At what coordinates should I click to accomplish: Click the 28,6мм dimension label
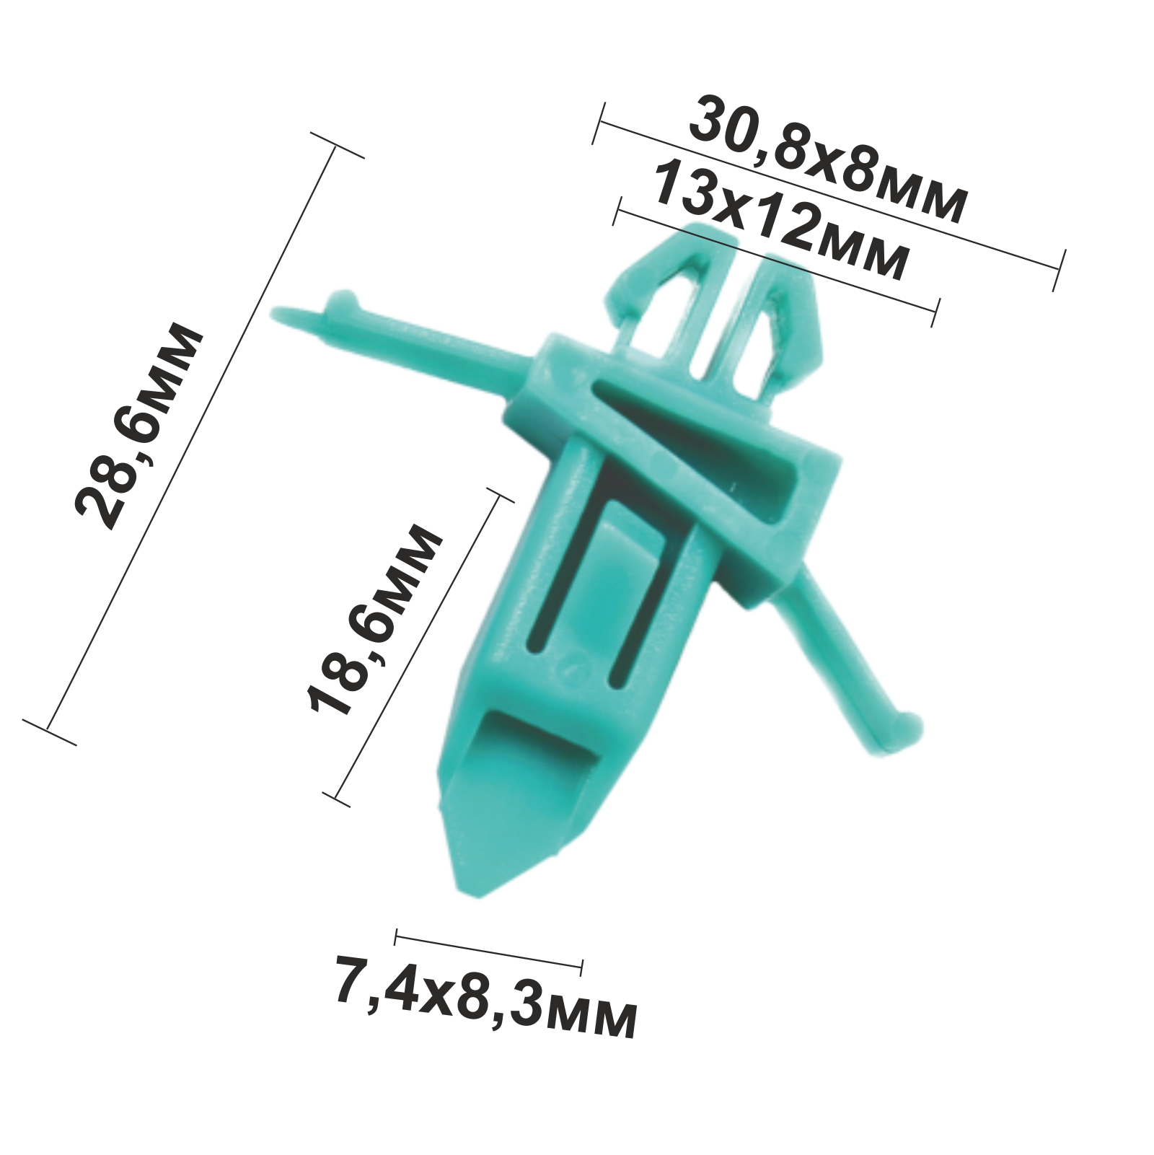pos(141,427)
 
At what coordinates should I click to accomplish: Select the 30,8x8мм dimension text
pos(827,161)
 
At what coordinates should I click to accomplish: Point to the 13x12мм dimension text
pos(780,221)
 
